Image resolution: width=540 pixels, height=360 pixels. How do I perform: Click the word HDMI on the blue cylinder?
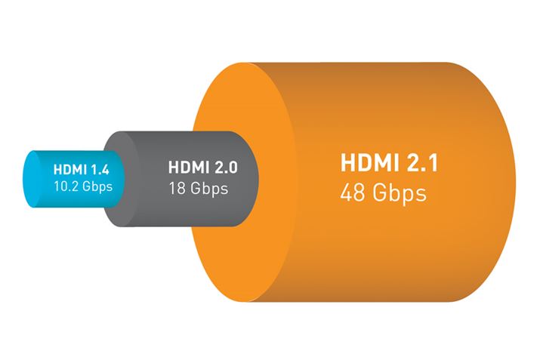[x=67, y=169]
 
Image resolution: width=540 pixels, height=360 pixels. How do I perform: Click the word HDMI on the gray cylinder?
[x=187, y=168]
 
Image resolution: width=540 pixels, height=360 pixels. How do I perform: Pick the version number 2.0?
[x=230, y=168]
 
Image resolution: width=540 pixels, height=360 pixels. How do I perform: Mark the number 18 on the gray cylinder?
[x=177, y=188]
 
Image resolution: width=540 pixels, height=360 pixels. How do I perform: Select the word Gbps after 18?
[x=208, y=188]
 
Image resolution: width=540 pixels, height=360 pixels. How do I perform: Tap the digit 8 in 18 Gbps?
[x=181, y=188]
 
